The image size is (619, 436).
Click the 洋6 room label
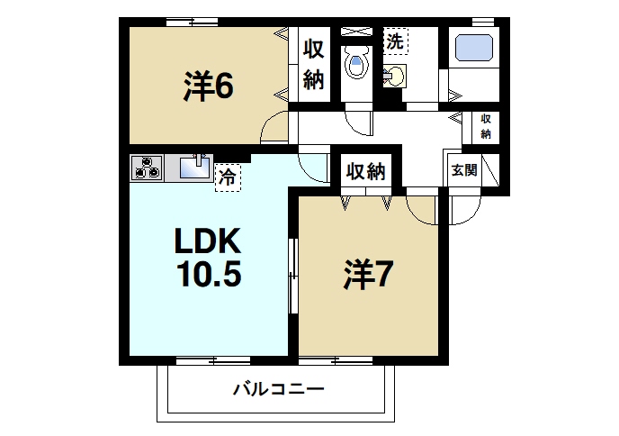tap(210, 86)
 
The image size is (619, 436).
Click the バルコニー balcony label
tap(278, 390)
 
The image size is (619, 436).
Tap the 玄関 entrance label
tap(464, 169)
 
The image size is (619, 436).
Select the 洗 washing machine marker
tap(396, 40)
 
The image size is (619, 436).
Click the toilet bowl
tap(357, 64)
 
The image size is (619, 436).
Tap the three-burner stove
tap(147, 168)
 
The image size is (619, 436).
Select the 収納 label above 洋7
tap(364, 170)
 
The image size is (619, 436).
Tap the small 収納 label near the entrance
tap(486, 126)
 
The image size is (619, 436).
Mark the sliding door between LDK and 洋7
tap(292, 276)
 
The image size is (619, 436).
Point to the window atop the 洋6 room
tap(192, 23)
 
